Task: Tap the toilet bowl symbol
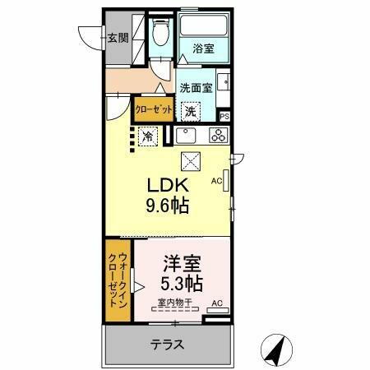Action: point(160,34)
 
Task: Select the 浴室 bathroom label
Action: point(204,49)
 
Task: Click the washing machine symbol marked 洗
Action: point(191,111)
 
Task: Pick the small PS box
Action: point(224,117)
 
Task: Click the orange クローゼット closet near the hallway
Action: point(149,109)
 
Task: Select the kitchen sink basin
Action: point(187,136)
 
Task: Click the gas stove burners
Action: point(218,136)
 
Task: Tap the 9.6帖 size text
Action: point(169,206)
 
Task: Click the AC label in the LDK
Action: point(217,180)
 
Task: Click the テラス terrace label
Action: point(166,345)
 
